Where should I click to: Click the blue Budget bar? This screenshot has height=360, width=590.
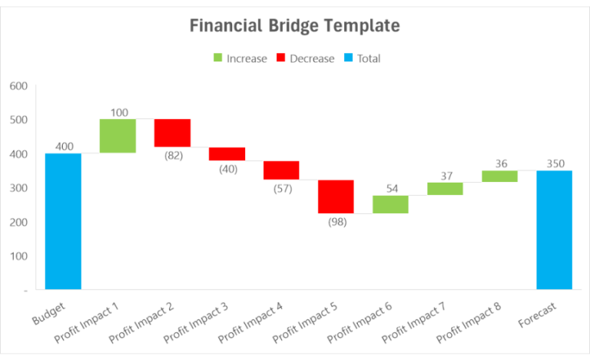[63, 221]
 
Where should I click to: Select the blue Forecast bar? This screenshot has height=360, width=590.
[554, 230]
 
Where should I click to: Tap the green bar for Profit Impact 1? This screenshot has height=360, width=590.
[118, 136]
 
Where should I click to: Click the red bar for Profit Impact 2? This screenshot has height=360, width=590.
[172, 133]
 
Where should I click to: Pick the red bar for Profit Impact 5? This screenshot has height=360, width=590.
[336, 197]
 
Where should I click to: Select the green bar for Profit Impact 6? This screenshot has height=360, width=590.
[390, 204]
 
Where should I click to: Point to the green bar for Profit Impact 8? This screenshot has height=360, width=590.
[499, 176]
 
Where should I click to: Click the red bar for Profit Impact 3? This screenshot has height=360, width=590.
[227, 154]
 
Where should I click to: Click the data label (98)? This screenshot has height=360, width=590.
[336, 223]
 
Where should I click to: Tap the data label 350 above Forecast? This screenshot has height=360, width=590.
[554, 163]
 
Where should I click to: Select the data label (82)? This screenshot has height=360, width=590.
[172, 156]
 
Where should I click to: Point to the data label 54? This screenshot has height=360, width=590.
[390, 188]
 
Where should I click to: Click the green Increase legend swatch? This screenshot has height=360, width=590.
[217, 58]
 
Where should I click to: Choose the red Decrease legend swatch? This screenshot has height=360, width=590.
[280, 58]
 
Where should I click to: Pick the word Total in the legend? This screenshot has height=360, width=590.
[369, 58]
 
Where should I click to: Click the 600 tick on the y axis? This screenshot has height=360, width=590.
[18, 86]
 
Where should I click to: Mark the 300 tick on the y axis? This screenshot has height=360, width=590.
[18, 188]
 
